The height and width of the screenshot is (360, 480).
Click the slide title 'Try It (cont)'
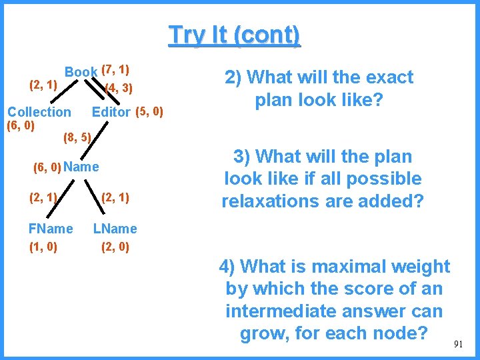(235, 35)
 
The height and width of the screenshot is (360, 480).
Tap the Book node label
(81, 72)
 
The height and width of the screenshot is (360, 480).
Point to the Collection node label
(39, 112)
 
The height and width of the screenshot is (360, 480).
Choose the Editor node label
(111, 112)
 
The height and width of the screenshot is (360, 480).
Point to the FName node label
(51, 229)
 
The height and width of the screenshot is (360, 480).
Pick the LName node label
(115, 229)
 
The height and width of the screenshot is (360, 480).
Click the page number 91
(458, 344)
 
